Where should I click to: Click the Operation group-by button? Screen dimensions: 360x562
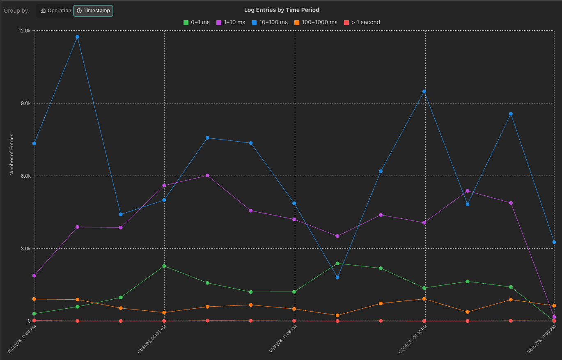(x=56, y=11)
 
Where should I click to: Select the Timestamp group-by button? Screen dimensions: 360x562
(x=93, y=11)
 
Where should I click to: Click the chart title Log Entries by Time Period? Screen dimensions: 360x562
(x=282, y=10)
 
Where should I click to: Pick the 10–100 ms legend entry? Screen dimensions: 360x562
(x=270, y=22)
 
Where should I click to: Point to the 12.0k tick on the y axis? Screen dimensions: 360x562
(x=25, y=31)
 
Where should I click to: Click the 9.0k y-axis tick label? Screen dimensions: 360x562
(x=25, y=103)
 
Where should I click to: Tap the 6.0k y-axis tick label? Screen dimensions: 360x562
(x=25, y=176)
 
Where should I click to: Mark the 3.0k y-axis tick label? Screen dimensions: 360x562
(x=25, y=249)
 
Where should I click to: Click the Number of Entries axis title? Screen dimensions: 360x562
(x=12, y=154)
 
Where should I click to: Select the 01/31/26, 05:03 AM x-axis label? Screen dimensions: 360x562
(x=152, y=339)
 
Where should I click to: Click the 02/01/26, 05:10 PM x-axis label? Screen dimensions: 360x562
(x=413, y=339)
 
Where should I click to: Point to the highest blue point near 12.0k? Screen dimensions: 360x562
(x=77, y=37)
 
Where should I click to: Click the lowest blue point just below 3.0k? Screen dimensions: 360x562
(x=337, y=277)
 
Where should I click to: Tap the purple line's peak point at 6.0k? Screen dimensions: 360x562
(x=207, y=175)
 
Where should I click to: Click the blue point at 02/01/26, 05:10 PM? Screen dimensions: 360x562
(x=424, y=92)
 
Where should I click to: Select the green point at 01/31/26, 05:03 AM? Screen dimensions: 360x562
(x=164, y=266)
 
